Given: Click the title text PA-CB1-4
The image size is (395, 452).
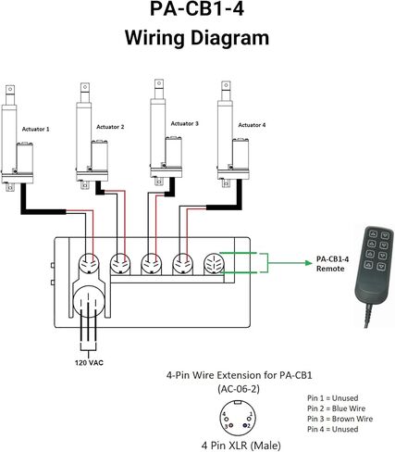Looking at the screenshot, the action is click(x=197, y=9).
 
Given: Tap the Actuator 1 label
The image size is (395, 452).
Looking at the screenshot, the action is click(x=35, y=129).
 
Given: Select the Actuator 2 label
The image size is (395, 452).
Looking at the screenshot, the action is click(x=110, y=127).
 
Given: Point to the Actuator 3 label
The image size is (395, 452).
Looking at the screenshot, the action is click(x=184, y=124).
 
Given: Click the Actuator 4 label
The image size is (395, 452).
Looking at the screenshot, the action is click(x=252, y=125).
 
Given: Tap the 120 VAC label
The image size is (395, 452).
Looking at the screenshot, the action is click(x=89, y=362).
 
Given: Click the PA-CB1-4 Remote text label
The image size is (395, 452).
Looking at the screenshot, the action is click(x=332, y=264).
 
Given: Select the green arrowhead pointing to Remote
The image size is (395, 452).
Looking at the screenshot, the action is click(x=309, y=263).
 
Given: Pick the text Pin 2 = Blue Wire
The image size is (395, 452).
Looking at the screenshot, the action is click(x=336, y=408).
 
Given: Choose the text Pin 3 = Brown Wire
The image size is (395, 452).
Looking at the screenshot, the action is click(x=339, y=419).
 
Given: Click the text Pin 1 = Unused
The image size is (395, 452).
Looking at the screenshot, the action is click(x=332, y=398).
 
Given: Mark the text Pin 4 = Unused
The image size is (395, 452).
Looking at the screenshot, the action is click(x=332, y=429).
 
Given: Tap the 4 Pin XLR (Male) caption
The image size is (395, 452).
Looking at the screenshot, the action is click(x=241, y=446).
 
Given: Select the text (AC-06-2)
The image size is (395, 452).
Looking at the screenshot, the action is click(x=239, y=389).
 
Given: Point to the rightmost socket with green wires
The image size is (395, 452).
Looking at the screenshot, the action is click(x=214, y=264).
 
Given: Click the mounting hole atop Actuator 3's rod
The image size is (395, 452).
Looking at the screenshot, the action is click(x=159, y=83).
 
